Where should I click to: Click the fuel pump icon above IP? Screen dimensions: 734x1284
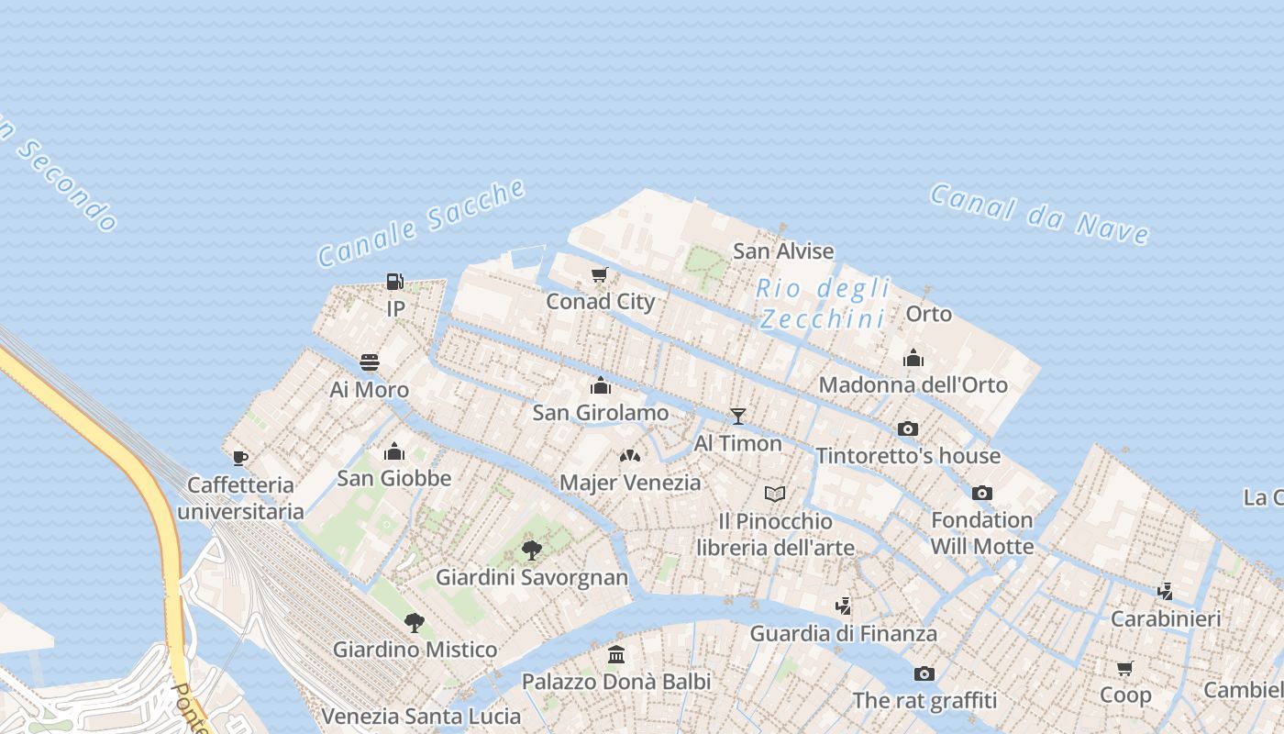[x=394, y=282]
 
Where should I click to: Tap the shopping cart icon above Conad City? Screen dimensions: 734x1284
[x=600, y=274]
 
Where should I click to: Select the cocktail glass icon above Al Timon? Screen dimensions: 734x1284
[x=737, y=417]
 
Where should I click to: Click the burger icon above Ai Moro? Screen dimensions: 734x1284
[x=370, y=362]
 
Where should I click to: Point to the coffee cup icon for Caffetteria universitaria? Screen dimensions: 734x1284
[x=240, y=458]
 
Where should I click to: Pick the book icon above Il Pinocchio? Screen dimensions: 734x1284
[x=775, y=495]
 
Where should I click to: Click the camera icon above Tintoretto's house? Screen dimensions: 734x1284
[x=908, y=428]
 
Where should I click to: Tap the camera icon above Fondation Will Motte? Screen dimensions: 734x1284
[x=982, y=493]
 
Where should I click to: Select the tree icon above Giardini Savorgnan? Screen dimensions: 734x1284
[x=531, y=550]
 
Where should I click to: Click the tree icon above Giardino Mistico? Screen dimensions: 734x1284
[x=415, y=623]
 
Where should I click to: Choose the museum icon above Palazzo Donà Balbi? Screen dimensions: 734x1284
[x=616, y=655]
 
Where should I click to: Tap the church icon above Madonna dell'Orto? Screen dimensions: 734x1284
[x=913, y=358]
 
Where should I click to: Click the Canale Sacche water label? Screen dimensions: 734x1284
[x=422, y=223]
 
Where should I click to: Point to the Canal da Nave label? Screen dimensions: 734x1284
[x=1039, y=214]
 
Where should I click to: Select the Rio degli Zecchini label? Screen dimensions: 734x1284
[x=822, y=304]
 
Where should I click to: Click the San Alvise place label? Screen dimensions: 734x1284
[x=783, y=251]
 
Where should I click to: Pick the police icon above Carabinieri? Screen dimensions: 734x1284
[x=1166, y=592]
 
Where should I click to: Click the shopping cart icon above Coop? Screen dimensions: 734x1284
[x=1125, y=668]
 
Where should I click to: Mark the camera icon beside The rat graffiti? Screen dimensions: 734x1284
[x=924, y=674]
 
